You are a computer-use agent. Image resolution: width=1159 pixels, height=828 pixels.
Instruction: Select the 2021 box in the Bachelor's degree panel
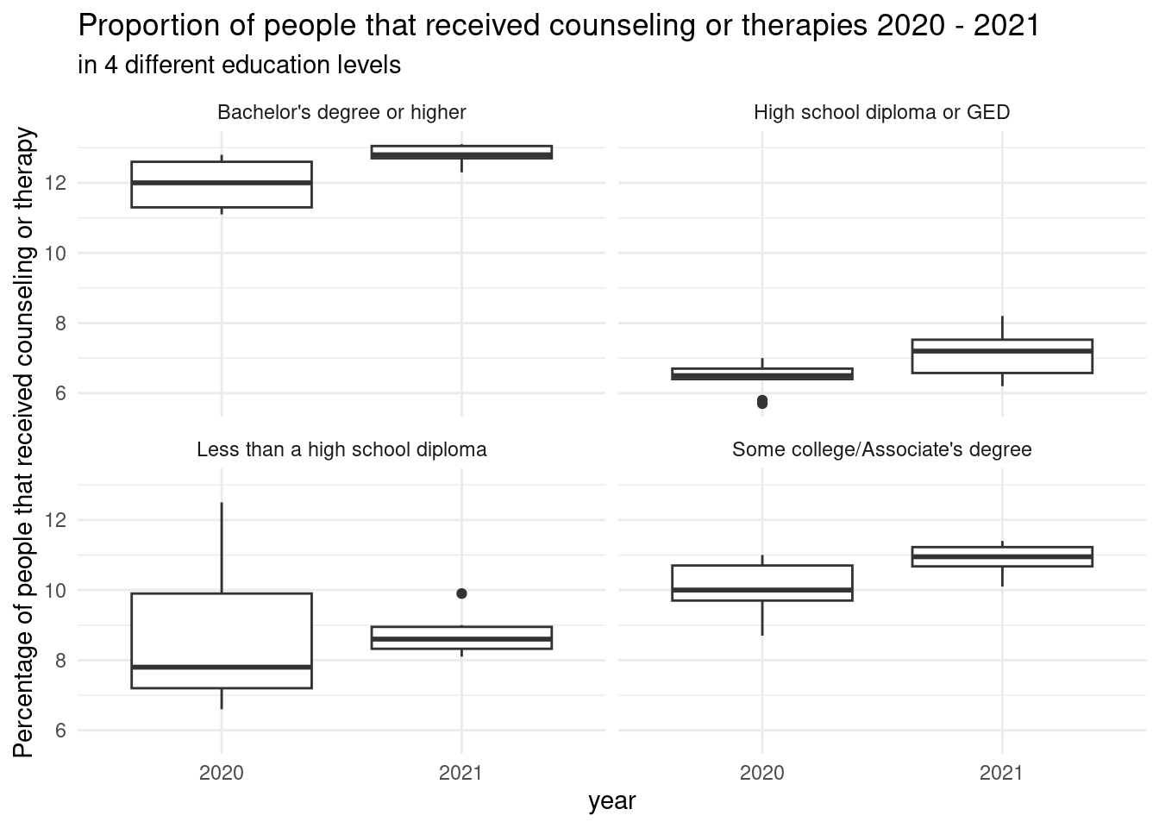pyautogui.click(x=461, y=152)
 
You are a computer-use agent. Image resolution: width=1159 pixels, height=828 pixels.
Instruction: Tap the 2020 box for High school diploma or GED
pyautogui.click(x=761, y=374)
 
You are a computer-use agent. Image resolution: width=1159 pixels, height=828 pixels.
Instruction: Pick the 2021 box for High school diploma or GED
pyautogui.click(x=1002, y=356)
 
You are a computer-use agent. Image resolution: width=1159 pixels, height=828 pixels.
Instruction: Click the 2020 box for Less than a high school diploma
pyautogui.click(x=222, y=640)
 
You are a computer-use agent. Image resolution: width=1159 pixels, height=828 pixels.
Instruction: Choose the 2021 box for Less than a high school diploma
pyautogui.click(x=461, y=637)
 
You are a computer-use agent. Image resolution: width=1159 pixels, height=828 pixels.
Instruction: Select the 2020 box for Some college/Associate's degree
pyautogui.click(x=761, y=583)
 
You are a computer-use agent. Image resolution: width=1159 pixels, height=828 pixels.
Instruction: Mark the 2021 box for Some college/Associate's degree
pyautogui.click(x=1002, y=556)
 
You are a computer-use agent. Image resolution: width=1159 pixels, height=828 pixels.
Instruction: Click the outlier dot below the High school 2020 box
pyautogui.click(x=761, y=402)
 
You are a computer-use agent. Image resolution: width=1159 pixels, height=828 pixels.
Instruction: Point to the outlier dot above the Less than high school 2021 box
pyautogui.click(x=461, y=593)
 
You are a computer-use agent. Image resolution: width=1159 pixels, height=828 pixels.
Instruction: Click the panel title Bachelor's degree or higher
pyautogui.click(x=341, y=112)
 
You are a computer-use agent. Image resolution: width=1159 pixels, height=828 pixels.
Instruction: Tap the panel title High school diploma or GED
pyautogui.click(x=881, y=112)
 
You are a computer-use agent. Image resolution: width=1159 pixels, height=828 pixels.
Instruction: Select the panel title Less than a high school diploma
pyautogui.click(x=341, y=449)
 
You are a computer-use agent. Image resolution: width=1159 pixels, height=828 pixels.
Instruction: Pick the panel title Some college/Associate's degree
pyautogui.click(x=881, y=449)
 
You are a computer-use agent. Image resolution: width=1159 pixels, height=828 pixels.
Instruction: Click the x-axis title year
pyautogui.click(x=611, y=801)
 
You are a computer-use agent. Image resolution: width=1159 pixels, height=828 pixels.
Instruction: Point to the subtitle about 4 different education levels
pyautogui.click(x=239, y=66)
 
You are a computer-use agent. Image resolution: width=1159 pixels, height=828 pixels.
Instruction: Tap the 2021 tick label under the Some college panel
pyautogui.click(x=1002, y=773)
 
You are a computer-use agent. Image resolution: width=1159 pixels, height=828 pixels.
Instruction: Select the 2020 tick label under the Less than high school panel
pyautogui.click(x=222, y=773)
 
